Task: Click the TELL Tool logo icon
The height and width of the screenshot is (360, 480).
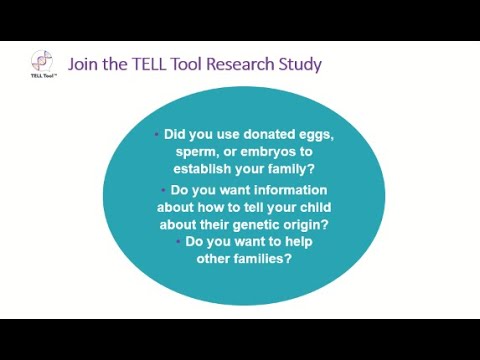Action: [x=42, y=62]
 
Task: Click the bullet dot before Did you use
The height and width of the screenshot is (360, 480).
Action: [x=157, y=133]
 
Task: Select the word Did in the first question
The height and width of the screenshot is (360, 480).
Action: [x=176, y=133]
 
